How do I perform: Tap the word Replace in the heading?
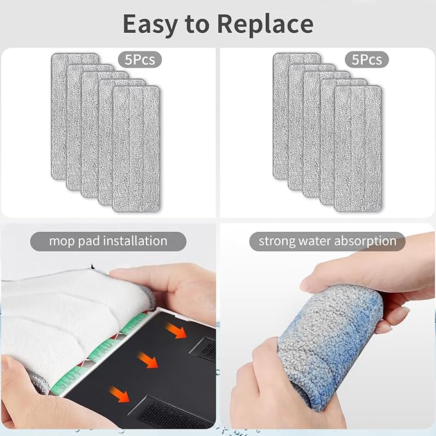point(265,24)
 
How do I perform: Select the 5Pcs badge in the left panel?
point(141,60)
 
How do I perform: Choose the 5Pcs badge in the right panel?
point(367,60)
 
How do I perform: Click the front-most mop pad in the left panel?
point(136,148)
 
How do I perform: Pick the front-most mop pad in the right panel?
point(358,148)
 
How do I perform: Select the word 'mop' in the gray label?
point(59,241)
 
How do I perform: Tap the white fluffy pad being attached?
point(71,315)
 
